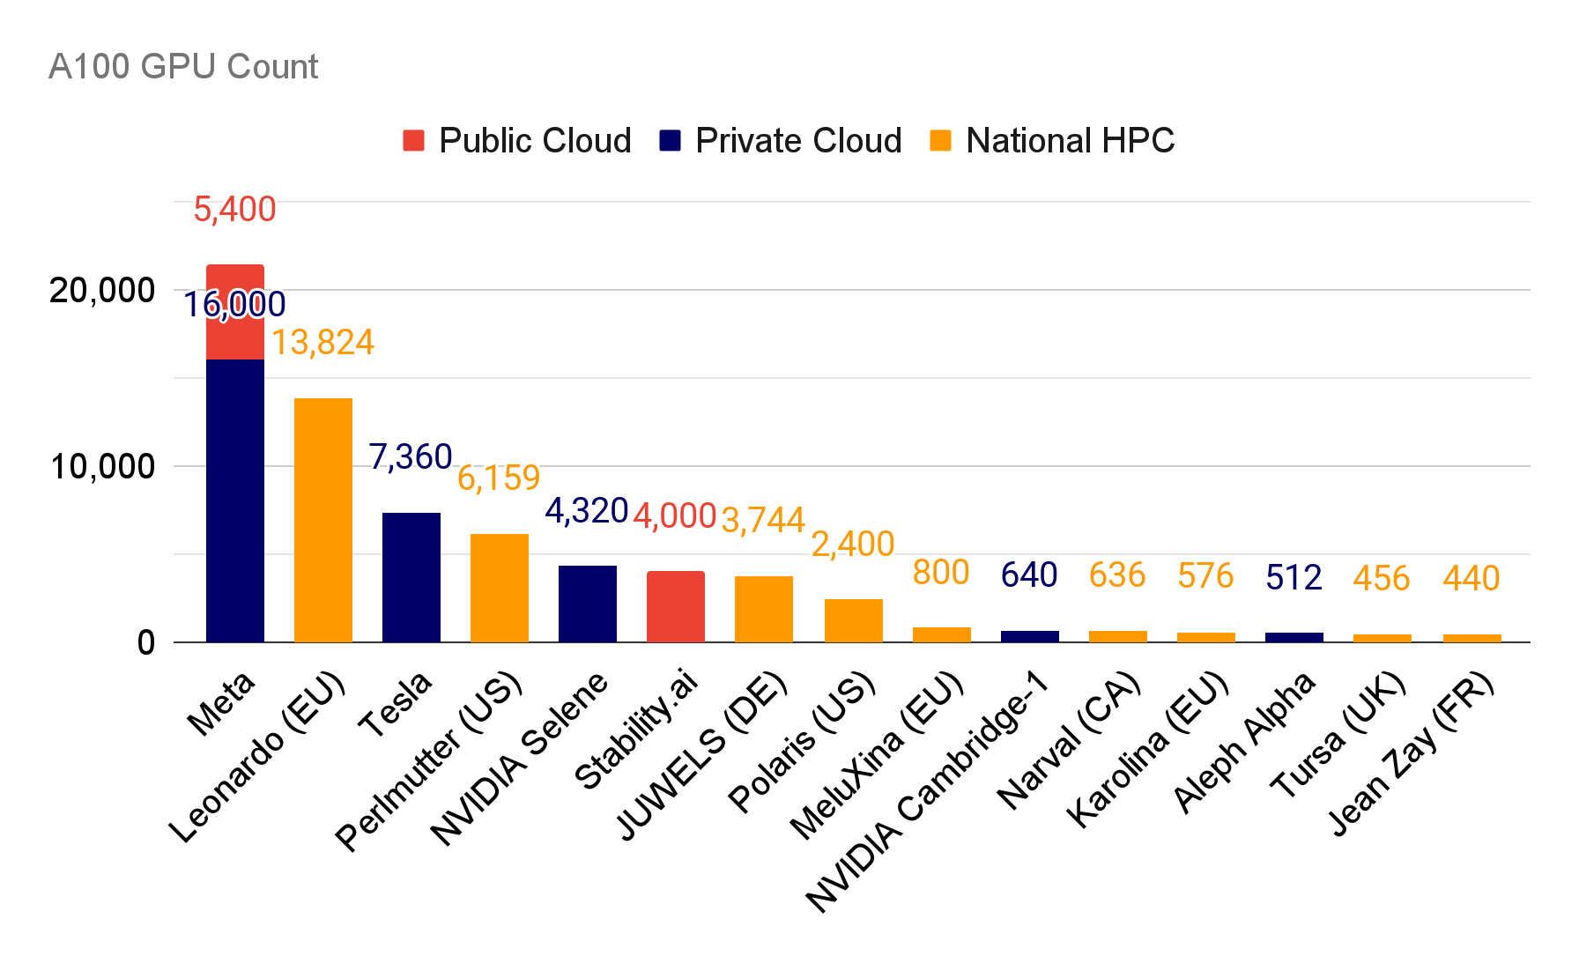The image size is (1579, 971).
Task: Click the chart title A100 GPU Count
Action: click(183, 67)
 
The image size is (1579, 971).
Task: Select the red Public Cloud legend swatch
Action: click(413, 141)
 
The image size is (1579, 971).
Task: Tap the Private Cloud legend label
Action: click(798, 141)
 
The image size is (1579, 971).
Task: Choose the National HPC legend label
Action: click(1070, 141)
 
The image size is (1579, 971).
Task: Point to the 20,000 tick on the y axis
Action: click(102, 290)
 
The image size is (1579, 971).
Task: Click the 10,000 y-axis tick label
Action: click(102, 466)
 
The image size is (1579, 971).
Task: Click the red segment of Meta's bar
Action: click(235, 312)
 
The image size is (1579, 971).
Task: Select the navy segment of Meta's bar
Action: click(235, 500)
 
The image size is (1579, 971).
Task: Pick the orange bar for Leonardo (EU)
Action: click(323, 520)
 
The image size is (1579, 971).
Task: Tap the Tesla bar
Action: click(411, 577)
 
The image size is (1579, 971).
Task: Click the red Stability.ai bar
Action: click(676, 607)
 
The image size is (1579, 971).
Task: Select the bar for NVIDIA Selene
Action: click(588, 604)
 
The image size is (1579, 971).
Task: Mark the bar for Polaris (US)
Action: click(854, 620)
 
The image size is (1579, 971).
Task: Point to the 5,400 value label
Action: click(234, 210)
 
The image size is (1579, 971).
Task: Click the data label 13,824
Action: click(322, 343)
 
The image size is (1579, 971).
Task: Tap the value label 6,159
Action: click(499, 478)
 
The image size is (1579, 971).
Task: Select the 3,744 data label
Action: click(763, 520)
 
